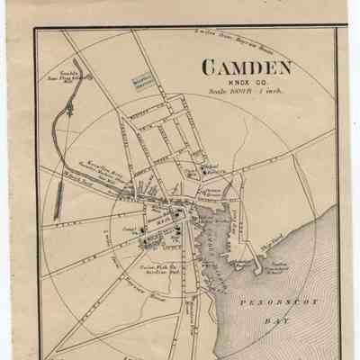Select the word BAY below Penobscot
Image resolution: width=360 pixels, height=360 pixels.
click(x=292, y=330)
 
